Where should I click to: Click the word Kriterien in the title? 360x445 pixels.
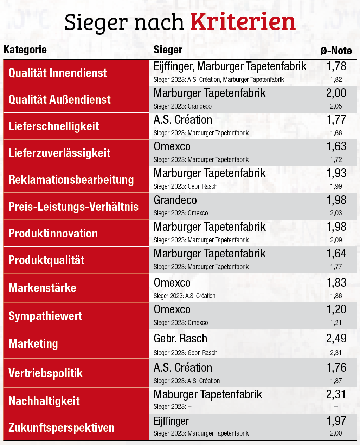pyautogui.click(x=243, y=22)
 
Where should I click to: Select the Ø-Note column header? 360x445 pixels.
pyautogui.click(x=336, y=51)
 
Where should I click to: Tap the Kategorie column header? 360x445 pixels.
pyautogui.click(x=25, y=50)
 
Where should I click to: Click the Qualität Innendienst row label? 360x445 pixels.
pyautogui.click(x=58, y=73)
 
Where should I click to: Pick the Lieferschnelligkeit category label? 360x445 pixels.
pyautogui.click(x=54, y=126)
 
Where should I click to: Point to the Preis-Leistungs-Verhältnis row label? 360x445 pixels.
pyautogui.click(x=73, y=207)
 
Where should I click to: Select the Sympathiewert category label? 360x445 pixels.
pyautogui.click(x=45, y=316)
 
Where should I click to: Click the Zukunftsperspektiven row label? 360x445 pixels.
pyautogui.click(x=62, y=427)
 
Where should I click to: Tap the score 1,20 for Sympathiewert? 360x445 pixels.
pyautogui.click(x=336, y=309)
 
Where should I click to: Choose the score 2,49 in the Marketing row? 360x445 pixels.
pyautogui.click(x=336, y=339)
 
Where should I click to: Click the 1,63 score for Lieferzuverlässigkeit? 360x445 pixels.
pyautogui.click(x=336, y=146)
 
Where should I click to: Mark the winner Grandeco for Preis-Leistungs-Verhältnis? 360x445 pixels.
pyautogui.click(x=175, y=200)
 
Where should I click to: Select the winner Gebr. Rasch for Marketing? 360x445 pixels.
pyautogui.click(x=180, y=339)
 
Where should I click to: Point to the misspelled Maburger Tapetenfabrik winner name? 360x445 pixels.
pyautogui.click(x=208, y=394)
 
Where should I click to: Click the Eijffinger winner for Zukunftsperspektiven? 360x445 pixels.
pyautogui.click(x=171, y=421)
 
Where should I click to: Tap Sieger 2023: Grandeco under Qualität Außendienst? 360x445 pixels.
pyautogui.click(x=182, y=106)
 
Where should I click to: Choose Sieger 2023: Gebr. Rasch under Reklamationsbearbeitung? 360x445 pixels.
pyautogui.click(x=185, y=186)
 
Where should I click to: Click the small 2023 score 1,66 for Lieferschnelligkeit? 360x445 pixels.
pyautogui.click(x=336, y=133)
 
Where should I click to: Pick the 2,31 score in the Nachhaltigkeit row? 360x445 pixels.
pyautogui.click(x=336, y=394)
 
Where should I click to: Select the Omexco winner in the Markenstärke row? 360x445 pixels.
pyautogui.click(x=172, y=283)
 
